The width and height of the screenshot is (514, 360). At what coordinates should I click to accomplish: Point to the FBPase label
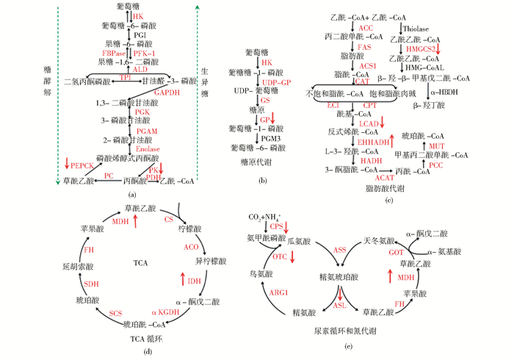tap(115, 53)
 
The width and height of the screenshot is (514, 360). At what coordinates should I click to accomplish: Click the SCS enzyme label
tap(115, 314)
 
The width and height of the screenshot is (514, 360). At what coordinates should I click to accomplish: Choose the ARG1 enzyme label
tap(278, 292)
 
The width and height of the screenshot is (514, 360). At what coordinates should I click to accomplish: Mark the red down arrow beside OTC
tap(292, 256)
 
